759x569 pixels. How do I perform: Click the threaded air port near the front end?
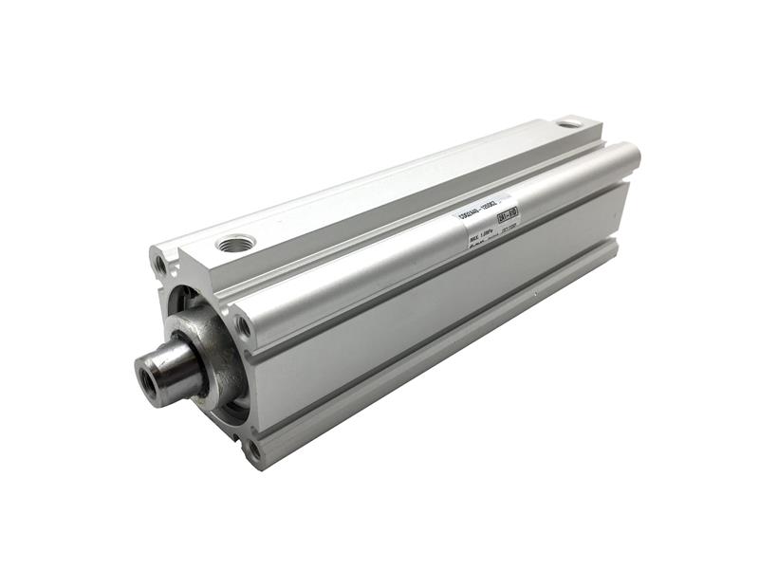pos(235,245)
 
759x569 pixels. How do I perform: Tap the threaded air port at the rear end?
pos(570,123)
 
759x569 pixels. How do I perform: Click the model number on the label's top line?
pos(479,213)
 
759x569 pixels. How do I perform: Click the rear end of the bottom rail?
pos(612,248)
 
